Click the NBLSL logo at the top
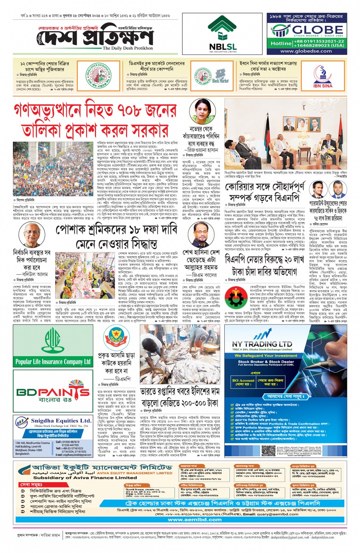pyautogui.click(x=222, y=34)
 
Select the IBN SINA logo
pyautogui.click(x=322, y=77)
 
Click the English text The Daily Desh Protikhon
pyautogui.click(x=128, y=48)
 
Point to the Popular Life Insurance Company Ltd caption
pyautogui.click(x=53, y=361)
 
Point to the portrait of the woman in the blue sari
pyautogui.click(x=203, y=111)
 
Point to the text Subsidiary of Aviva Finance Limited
pyautogui.click(x=85, y=478)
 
